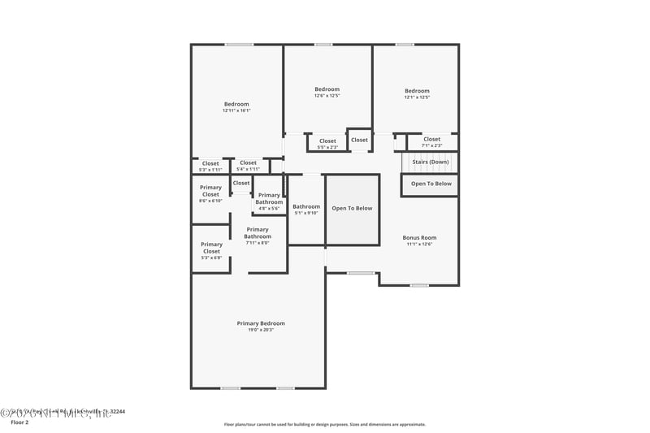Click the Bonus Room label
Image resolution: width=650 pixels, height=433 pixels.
pyautogui.click(x=419, y=238)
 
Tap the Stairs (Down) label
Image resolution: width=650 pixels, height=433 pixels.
pyautogui.click(x=431, y=162)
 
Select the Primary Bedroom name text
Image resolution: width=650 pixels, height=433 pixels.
pyautogui.click(x=261, y=323)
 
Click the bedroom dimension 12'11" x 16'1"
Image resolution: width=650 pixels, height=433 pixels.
pyautogui.click(x=236, y=111)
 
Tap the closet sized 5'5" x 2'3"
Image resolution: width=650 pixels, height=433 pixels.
pyautogui.click(x=327, y=144)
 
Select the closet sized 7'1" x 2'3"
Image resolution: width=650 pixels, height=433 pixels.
pyautogui.click(x=431, y=142)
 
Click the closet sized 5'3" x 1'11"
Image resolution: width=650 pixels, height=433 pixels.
pyautogui.click(x=210, y=167)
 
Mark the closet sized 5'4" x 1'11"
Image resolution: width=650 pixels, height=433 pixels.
pyautogui.click(x=248, y=166)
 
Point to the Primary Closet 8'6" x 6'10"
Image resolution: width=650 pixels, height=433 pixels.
pyautogui.click(x=210, y=194)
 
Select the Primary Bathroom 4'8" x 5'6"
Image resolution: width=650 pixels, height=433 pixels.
pyautogui.click(x=269, y=201)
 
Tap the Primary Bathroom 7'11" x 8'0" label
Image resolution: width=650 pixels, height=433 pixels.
pyautogui.click(x=258, y=236)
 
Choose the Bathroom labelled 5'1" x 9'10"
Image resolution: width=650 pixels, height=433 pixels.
pyautogui.click(x=306, y=210)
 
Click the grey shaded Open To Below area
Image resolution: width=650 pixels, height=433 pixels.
pyautogui.click(x=352, y=223)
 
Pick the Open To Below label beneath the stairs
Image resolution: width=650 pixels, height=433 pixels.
pyautogui.click(x=431, y=184)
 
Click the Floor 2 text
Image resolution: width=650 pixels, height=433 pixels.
pyautogui.click(x=19, y=422)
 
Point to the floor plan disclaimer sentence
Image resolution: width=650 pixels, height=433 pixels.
pyautogui.click(x=324, y=424)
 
